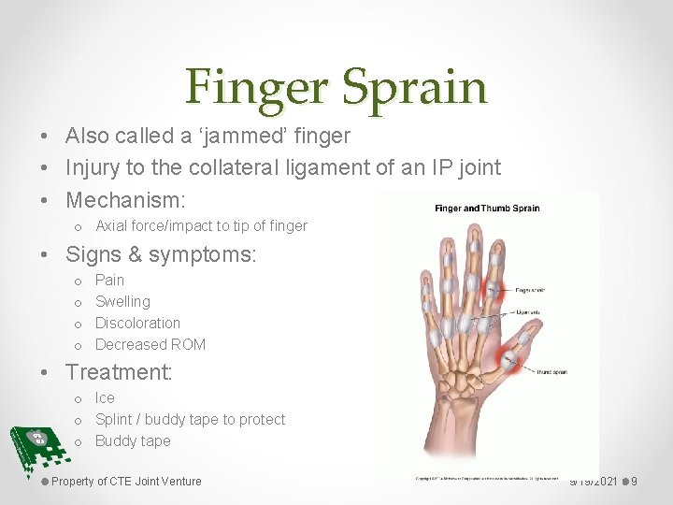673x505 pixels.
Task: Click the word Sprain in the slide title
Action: coord(414,87)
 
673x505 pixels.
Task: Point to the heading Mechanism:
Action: coord(125,199)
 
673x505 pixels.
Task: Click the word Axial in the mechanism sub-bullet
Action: coord(112,225)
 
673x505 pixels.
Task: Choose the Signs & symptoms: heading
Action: coord(161,253)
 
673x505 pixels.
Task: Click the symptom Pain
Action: coord(109,280)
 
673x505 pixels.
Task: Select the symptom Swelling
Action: coord(122,301)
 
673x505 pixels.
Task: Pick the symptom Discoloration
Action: coord(137,323)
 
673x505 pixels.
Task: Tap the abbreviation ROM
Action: coord(188,344)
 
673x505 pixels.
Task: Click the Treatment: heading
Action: coord(119,371)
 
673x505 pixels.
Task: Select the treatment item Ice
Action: coord(105,397)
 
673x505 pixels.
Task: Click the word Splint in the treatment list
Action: coord(115,419)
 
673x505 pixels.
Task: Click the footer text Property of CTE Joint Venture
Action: coord(126,482)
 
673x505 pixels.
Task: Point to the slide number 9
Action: coord(634,482)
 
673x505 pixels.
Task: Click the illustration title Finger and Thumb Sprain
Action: coord(487,208)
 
